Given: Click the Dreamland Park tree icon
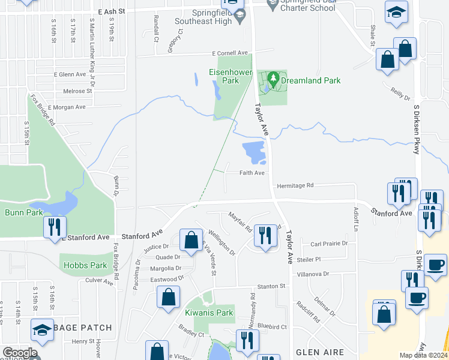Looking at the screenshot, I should click(273, 78).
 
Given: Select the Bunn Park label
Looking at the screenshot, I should click(21, 212).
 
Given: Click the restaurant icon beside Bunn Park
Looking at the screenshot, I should click(53, 227).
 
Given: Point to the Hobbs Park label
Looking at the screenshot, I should click(83, 265).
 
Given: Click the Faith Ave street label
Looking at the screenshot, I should click(252, 173).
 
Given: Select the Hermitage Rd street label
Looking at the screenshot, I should click(295, 185).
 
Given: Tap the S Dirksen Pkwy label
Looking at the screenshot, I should click(416, 129).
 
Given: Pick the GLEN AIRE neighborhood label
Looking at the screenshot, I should click(318, 352).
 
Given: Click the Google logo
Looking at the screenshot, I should click(19, 353).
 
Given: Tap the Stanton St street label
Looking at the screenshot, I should click(271, 287).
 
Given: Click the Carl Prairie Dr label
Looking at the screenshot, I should click(329, 244).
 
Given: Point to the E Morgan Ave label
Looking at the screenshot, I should click(67, 107).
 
